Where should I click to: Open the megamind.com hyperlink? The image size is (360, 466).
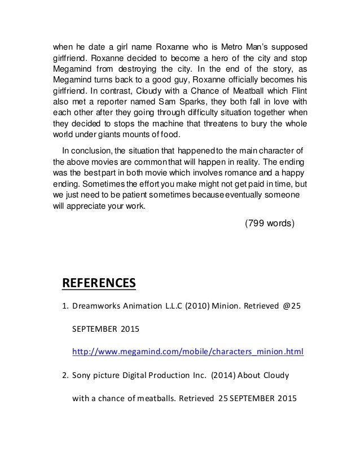coord(188,353)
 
